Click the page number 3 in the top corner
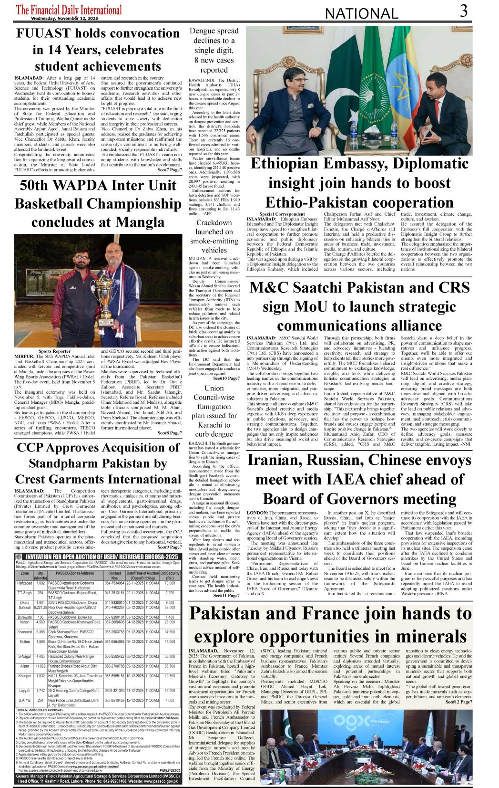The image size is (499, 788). pos(463,11)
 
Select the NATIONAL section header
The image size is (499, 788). pos(361,14)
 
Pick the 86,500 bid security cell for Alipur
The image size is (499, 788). pos(170,666)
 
